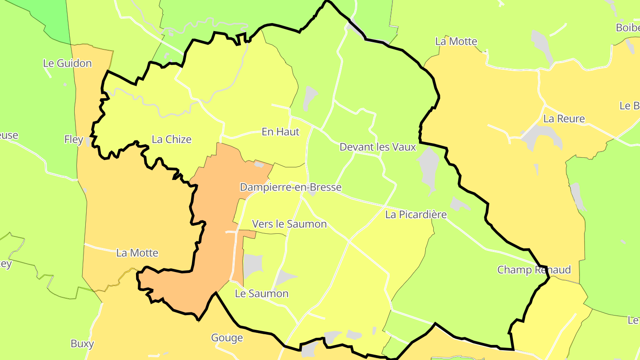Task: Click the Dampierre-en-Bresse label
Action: point(291,187)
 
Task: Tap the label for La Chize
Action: point(172,139)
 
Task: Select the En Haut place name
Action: point(280,132)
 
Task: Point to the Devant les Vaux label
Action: point(378,147)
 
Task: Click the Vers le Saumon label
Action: point(289,224)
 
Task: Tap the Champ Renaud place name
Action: point(534,270)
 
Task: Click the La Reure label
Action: point(564,119)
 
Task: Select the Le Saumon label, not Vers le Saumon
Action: point(262,293)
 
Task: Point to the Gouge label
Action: point(227,338)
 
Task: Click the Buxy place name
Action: point(82,344)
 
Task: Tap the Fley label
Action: point(74,140)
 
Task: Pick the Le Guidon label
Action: point(68,63)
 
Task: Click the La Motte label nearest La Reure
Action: point(456,41)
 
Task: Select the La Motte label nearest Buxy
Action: point(137,253)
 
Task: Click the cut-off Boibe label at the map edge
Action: point(628,28)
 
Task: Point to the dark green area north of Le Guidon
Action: point(53,18)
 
